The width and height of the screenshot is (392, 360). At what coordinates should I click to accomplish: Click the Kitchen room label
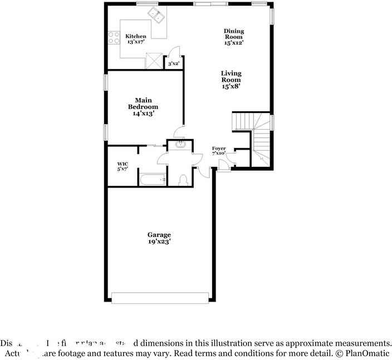[135, 39]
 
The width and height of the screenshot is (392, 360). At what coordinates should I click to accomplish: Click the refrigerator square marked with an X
[153, 61]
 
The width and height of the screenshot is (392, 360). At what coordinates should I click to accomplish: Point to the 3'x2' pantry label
[173, 64]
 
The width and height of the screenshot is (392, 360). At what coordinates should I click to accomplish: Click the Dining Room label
[234, 36]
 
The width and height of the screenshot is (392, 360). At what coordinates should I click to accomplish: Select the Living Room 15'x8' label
[231, 80]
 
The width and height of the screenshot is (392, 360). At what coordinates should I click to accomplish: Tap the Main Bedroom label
[143, 107]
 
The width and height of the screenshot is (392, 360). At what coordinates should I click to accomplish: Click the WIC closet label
[122, 166]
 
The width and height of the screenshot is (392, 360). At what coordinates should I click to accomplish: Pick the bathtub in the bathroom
[153, 179]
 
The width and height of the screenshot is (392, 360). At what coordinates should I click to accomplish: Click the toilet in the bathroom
[183, 179]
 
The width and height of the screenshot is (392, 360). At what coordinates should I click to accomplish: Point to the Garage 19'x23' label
[159, 238]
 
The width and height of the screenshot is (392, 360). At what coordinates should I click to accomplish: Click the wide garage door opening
[160, 298]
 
